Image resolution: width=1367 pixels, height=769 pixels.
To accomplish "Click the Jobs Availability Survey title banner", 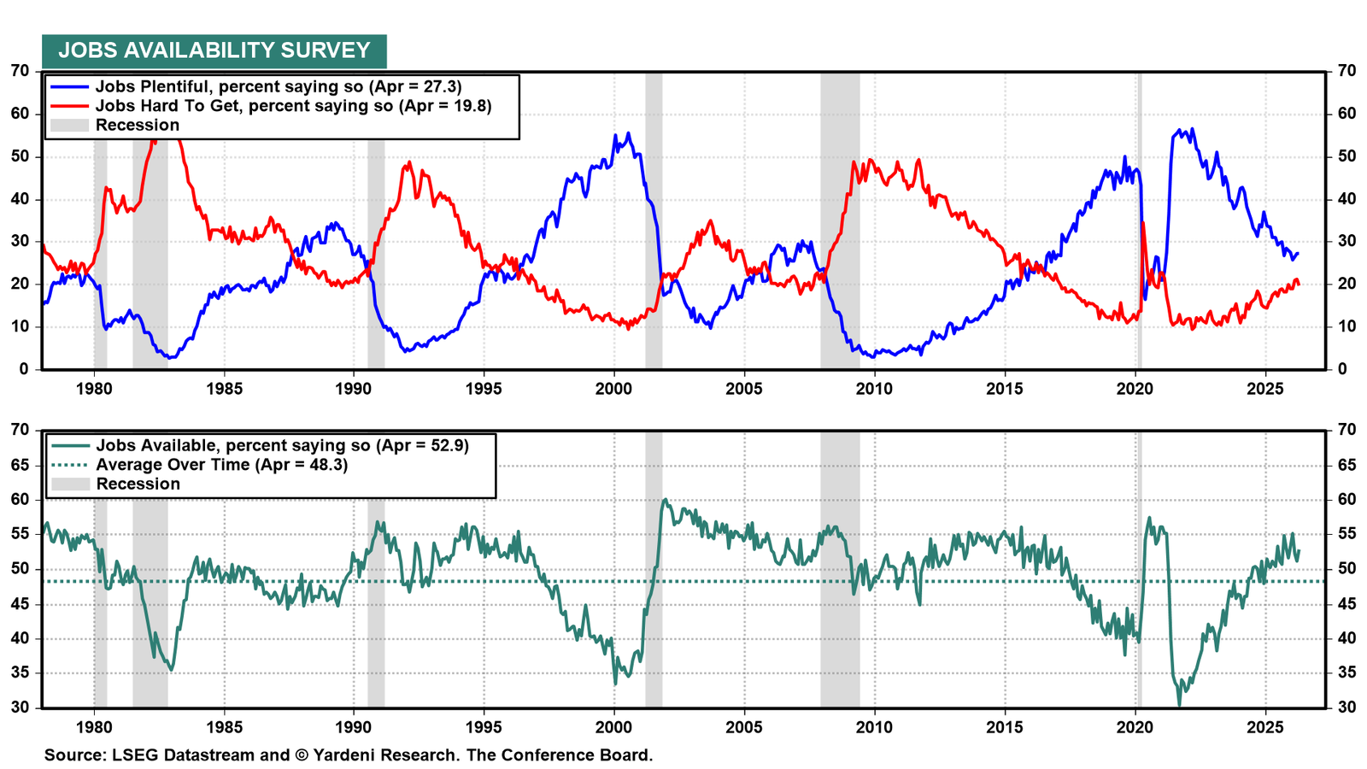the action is (x=214, y=51).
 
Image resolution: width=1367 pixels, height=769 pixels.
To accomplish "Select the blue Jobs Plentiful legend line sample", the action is (x=69, y=86).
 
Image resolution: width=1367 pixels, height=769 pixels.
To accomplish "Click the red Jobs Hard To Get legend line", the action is (x=69, y=106).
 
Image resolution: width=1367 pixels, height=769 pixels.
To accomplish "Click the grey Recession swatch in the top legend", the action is (x=69, y=125).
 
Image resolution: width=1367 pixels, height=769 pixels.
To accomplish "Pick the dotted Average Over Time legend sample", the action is (x=70, y=465).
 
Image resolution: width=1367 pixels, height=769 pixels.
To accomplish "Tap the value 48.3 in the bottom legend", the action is (x=325, y=465).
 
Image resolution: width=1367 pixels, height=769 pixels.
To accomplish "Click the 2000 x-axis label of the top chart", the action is (x=614, y=390).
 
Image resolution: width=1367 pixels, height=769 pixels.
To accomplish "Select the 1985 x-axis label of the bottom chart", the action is (x=224, y=727).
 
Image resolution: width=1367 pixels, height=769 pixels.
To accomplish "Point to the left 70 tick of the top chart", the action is (x=20, y=71).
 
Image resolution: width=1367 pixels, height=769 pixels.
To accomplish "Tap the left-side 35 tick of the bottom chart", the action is (x=20, y=674).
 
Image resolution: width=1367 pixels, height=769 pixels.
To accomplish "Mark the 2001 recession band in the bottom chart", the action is (x=654, y=569).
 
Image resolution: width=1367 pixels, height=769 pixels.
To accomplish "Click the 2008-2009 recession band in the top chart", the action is (x=840, y=220).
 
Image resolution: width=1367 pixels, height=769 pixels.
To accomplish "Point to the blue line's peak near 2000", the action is (x=629, y=133).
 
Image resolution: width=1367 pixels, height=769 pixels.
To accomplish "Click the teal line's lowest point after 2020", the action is (x=1179, y=705).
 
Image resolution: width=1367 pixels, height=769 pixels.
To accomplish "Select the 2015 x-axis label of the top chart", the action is (x=1005, y=390).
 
